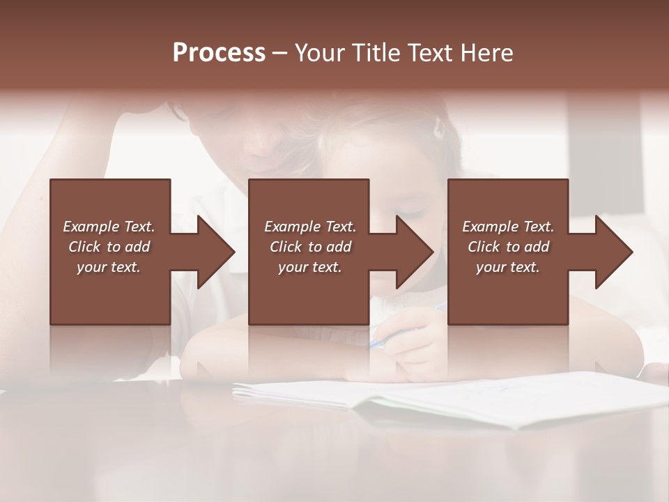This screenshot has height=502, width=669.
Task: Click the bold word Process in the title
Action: pyautogui.click(x=219, y=53)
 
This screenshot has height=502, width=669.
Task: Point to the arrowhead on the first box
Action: pyautogui.click(x=213, y=252)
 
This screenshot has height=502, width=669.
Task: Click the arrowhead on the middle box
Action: pyautogui.click(x=413, y=252)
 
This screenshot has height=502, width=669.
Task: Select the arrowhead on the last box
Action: pyautogui.click(x=612, y=252)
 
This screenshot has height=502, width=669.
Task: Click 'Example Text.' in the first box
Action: pyautogui.click(x=109, y=227)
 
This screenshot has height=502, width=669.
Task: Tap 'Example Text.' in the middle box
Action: pyautogui.click(x=310, y=227)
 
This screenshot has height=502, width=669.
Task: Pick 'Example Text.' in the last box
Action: pyautogui.click(x=508, y=227)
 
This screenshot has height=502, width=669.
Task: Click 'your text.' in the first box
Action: pyautogui.click(x=109, y=267)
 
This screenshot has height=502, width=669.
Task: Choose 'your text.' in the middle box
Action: pyautogui.click(x=310, y=267)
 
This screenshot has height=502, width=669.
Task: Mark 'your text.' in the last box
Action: pyautogui.click(x=508, y=267)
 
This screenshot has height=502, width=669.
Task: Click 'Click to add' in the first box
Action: pyautogui.click(x=109, y=247)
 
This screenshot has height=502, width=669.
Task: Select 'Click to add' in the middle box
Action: pyautogui.click(x=310, y=247)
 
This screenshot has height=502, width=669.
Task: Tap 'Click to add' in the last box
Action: pyautogui.click(x=508, y=247)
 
